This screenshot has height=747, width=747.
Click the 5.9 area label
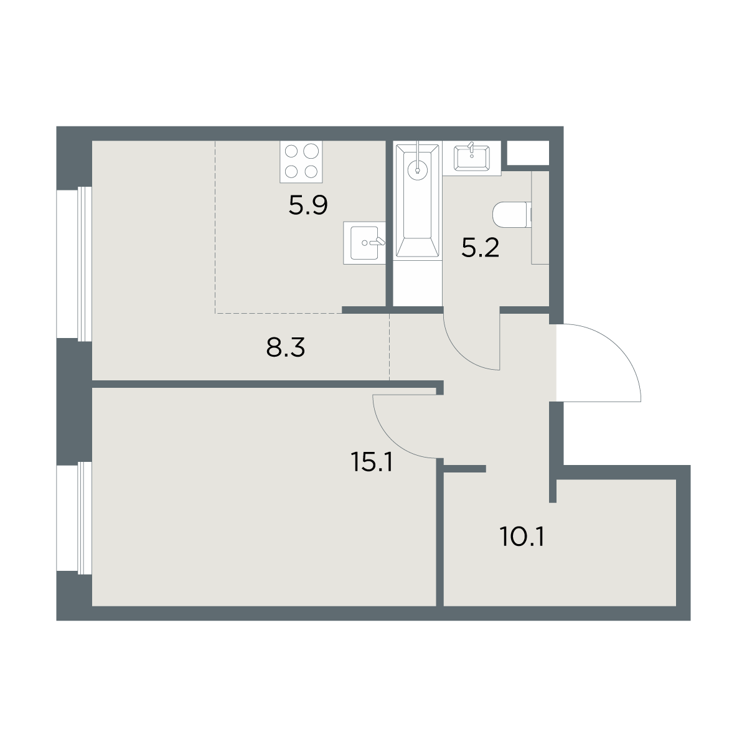coord(308,205)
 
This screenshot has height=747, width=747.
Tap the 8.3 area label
coord(286,347)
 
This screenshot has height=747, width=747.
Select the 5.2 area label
coord(481,248)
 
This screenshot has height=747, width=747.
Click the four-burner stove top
coord(301,161)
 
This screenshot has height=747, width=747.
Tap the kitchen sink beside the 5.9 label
coord(364,243)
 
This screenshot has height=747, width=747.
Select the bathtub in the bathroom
coord(418,201)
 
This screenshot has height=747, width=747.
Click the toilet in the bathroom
coord(512,215)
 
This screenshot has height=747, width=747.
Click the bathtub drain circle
coord(418,170)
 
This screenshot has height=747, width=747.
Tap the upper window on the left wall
coord(74,264)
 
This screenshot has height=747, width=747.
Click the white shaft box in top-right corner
coord(528,153)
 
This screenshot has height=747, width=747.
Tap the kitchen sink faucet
coord(377,242)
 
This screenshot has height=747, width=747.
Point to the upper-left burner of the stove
coord(291,151)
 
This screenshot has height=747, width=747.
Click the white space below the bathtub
coord(418,283)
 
